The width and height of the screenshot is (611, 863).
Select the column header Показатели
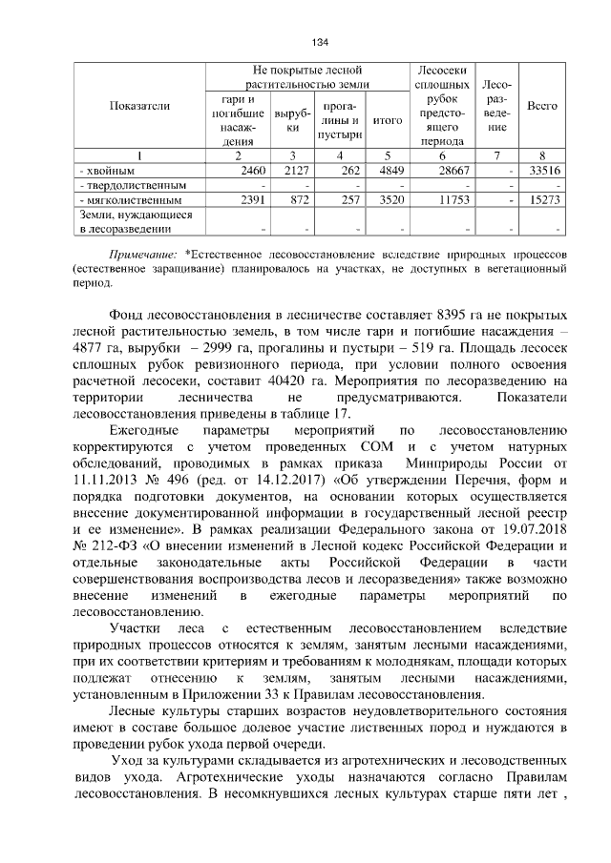139,105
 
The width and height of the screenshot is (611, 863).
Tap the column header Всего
542,105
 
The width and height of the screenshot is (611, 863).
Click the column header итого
387,120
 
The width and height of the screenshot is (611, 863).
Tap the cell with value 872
297,200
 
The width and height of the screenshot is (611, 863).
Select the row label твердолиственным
126,184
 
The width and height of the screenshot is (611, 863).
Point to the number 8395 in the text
453,314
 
